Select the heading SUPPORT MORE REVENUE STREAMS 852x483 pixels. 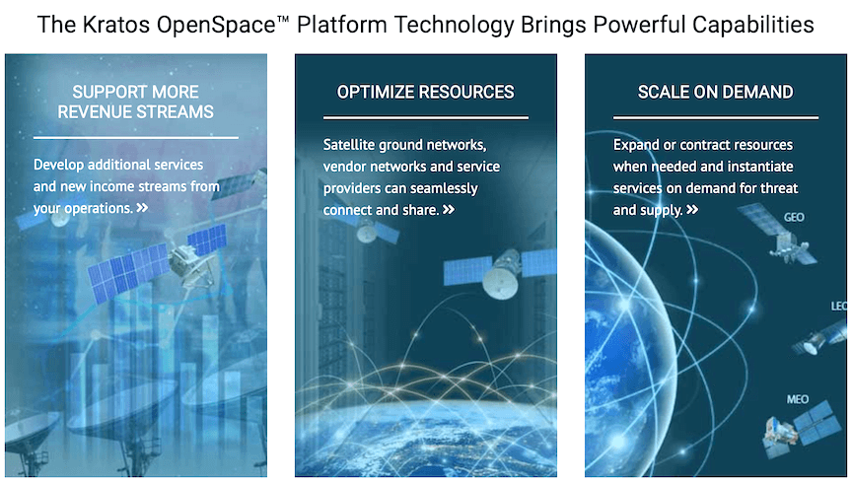[135, 102]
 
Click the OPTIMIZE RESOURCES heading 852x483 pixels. [425, 92]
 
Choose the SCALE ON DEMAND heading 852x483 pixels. [715, 92]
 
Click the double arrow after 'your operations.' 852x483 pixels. [143, 208]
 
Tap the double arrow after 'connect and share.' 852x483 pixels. [449, 210]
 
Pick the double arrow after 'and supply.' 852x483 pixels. [692, 210]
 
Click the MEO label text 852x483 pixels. [798, 399]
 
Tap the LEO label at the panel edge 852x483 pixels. [839, 307]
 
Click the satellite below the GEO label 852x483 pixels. [779, 237]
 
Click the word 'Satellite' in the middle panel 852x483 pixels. [351, 145]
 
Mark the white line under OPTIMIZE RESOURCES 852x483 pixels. [425, 118]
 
